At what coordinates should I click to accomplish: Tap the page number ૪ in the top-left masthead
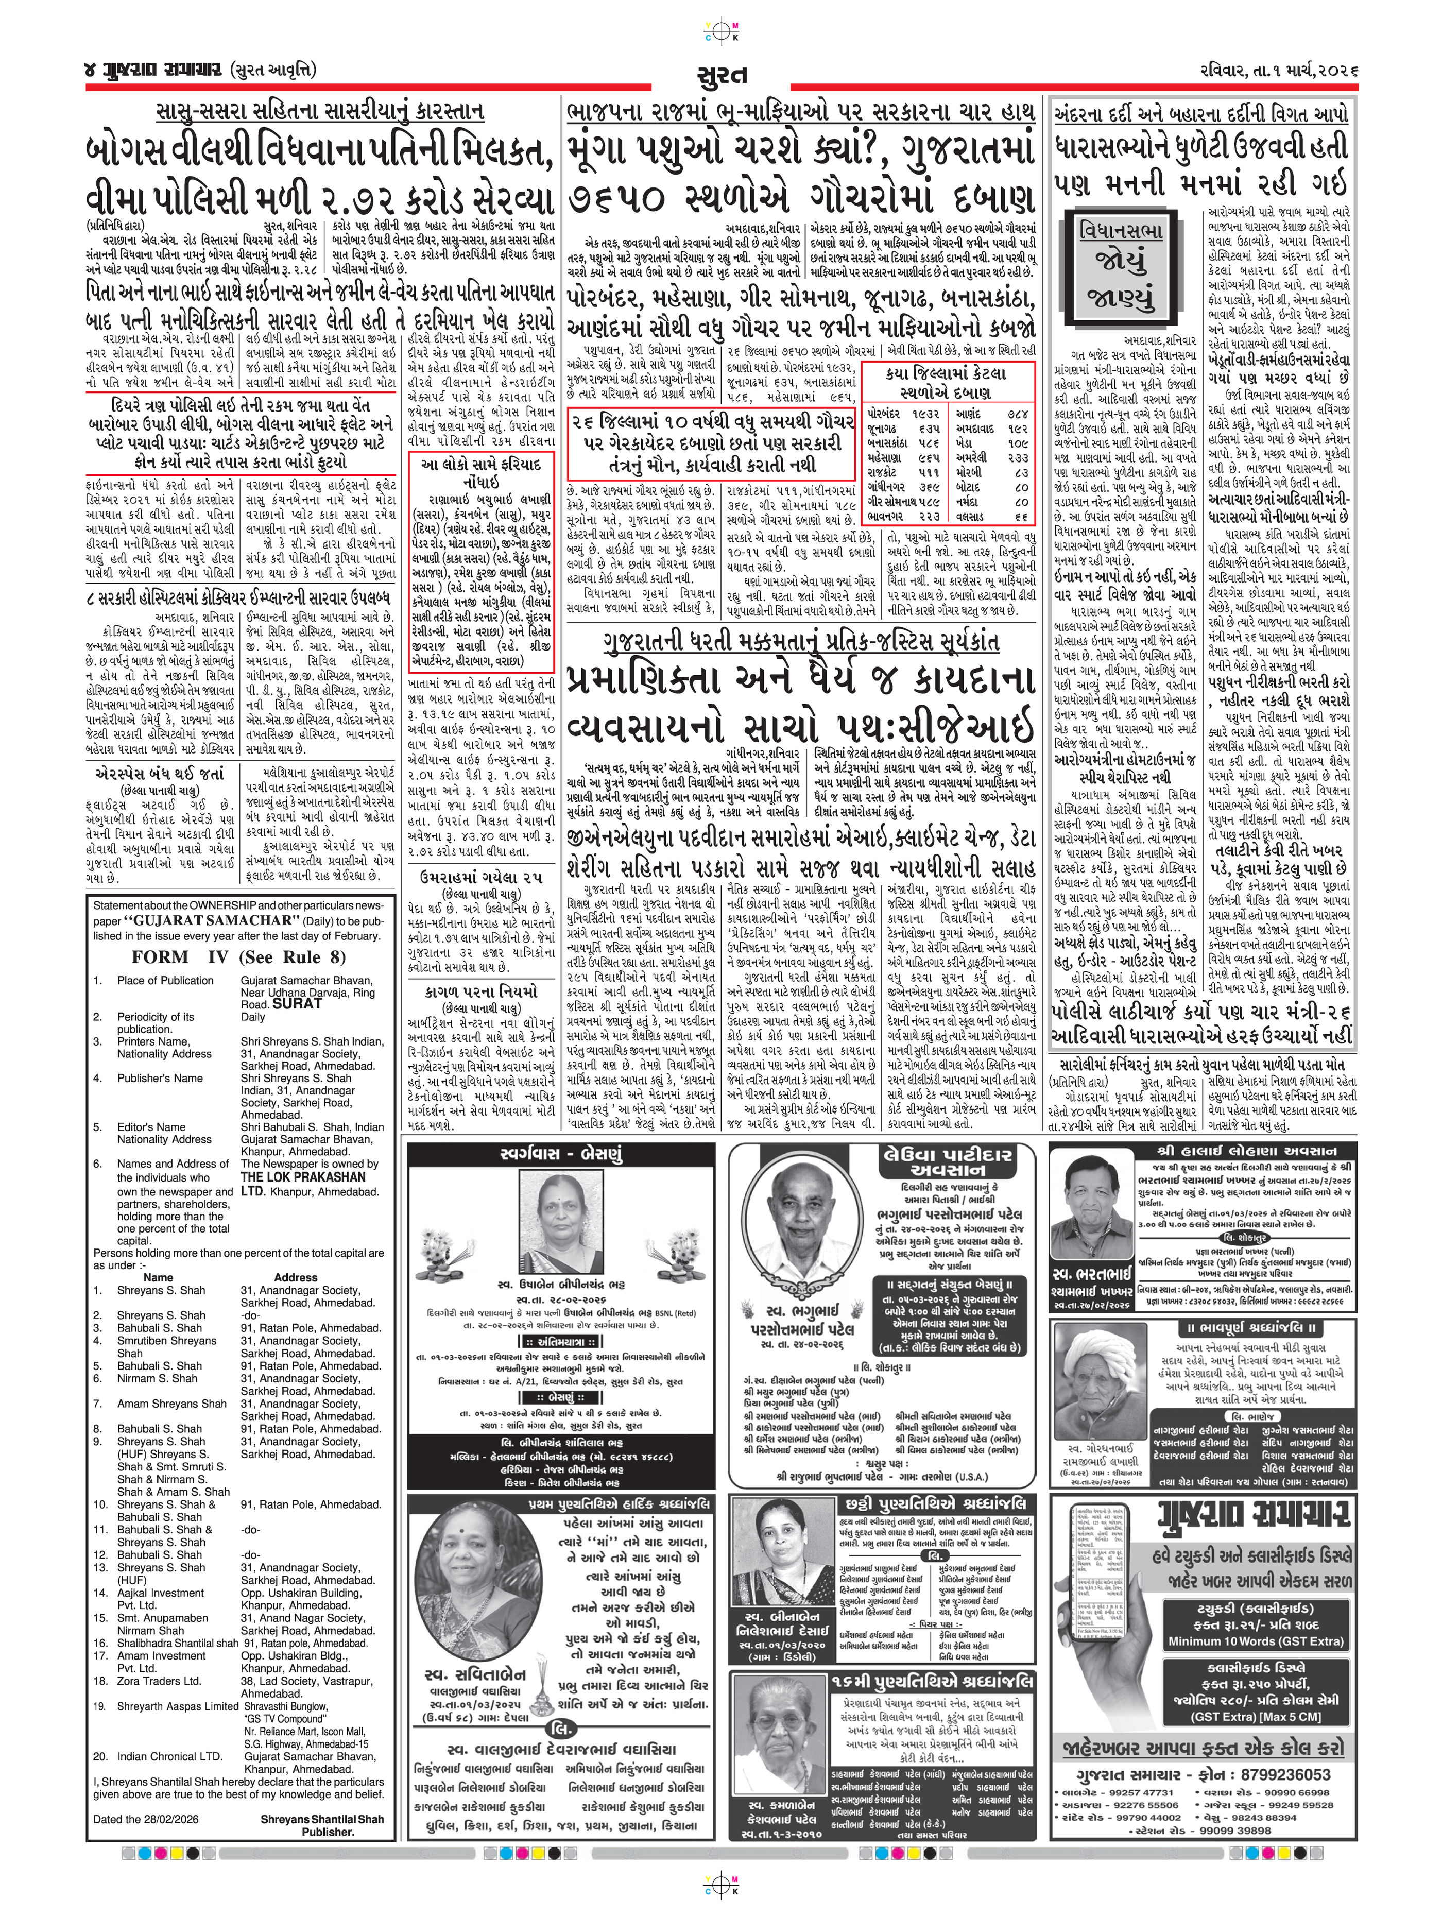[94, 69]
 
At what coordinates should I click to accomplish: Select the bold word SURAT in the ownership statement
[296, 1004]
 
